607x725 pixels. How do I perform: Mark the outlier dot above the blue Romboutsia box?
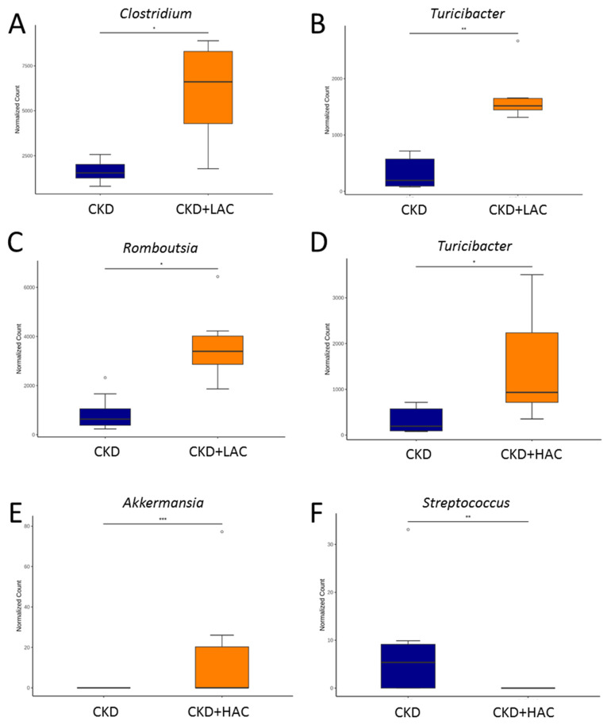105,378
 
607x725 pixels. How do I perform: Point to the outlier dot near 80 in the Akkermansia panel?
222,531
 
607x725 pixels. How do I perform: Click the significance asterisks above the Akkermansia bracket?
163,520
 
